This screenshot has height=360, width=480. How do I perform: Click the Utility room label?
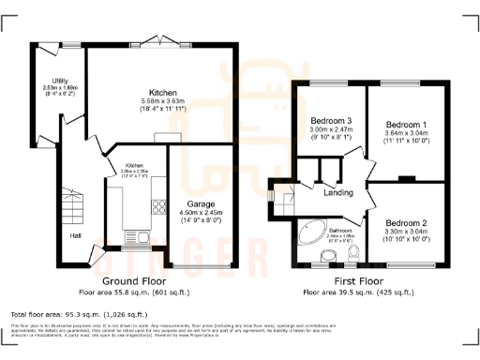pyautogui.click(x=59, y=82)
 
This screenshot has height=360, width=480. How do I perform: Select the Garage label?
pyautogui.click(x=201, y=203)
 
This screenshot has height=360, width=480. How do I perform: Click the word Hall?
pyautogui.click(x=74, y=235)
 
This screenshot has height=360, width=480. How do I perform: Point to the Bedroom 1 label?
pyautogui.click(x=407, y=124)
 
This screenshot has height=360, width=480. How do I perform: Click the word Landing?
pyautogui.click(x=337, y=194)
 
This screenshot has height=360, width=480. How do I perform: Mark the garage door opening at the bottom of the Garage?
pyautogui.click(x=202, y=268)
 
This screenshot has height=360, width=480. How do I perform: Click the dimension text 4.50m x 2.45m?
pyautogui.click(x=201, y=213)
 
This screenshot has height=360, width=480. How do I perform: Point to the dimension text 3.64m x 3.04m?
pyautogui.click(x=407, y=133)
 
